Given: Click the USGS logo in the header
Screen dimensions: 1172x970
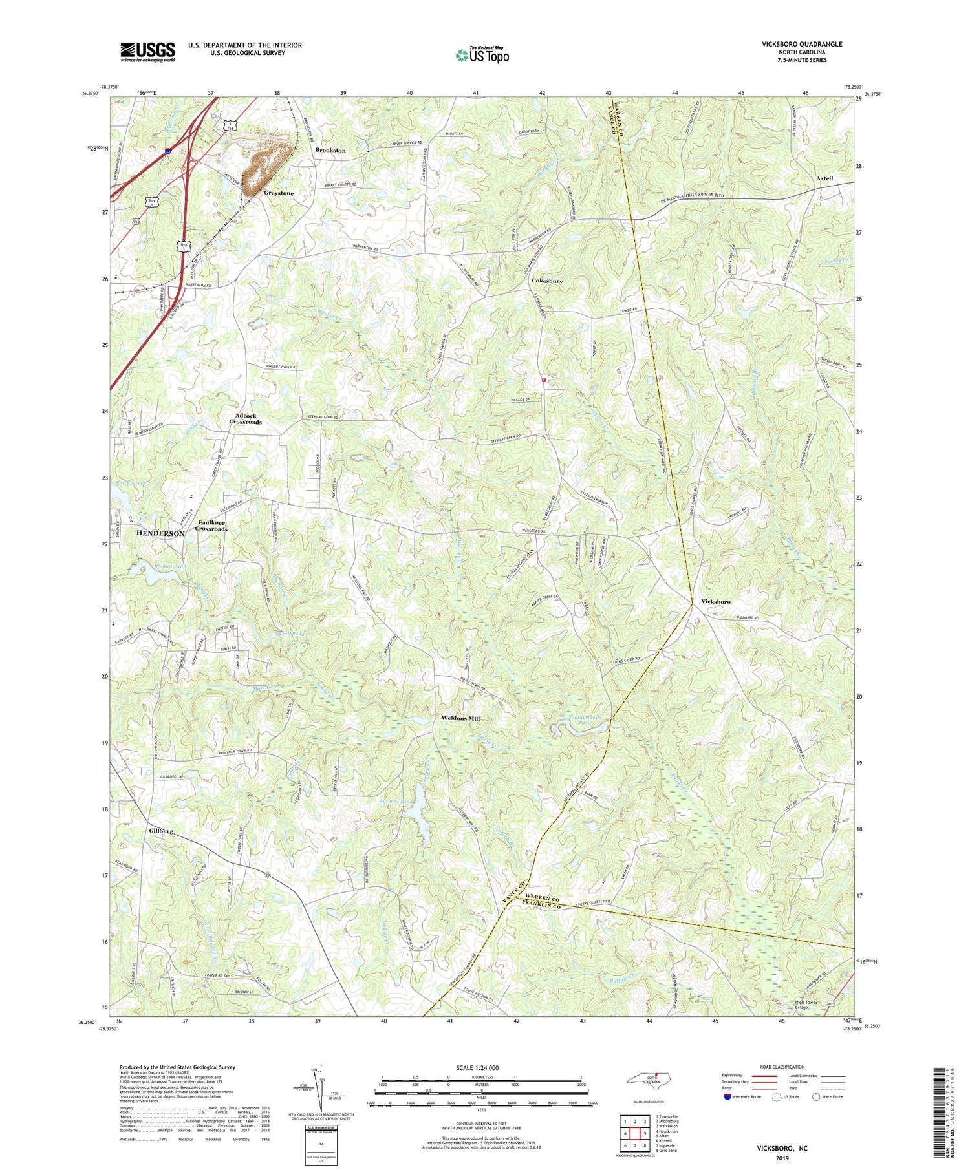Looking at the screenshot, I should (x=147, y=52).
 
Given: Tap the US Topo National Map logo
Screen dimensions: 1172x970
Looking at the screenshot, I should (x=481, y=55).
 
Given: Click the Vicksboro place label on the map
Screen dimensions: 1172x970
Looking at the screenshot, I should (x=715, y=601).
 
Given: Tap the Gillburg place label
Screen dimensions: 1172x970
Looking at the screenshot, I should (x=160, y=831).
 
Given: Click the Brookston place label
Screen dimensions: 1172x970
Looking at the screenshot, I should (x=330, y=150).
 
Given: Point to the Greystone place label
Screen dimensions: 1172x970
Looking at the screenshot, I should (x=279, y=193).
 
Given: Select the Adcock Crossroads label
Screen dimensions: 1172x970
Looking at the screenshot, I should (x=246, y=418).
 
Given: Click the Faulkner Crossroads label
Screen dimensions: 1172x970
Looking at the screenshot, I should (x=213, y=525).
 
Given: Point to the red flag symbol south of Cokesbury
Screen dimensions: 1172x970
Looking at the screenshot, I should (x=544, y=380).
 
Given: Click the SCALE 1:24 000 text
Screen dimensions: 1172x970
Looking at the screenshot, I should (x=481, y=1067).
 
